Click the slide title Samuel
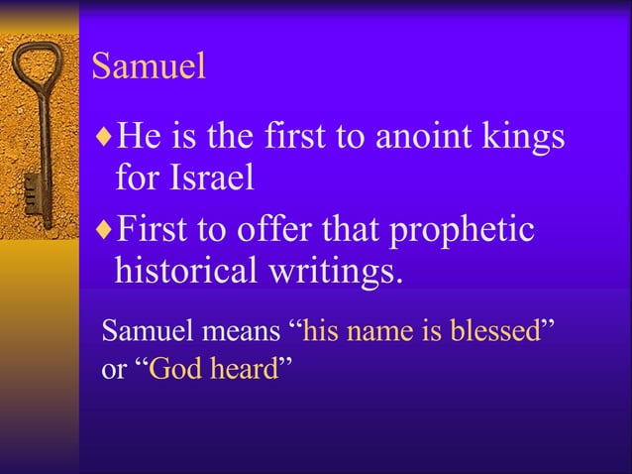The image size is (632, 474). (x=148, y=66)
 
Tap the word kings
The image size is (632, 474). (x=525, y=137)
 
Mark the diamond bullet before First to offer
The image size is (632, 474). (x=105, y=229)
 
